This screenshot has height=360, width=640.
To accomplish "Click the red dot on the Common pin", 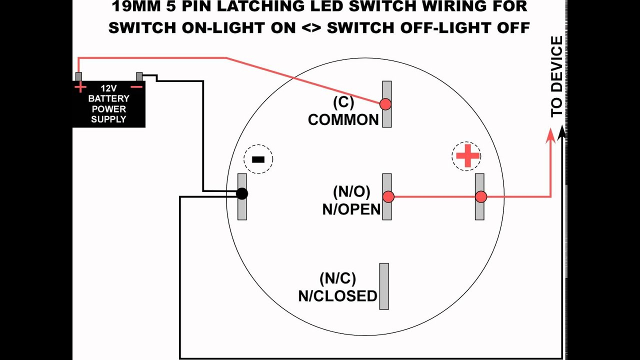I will point(385,104).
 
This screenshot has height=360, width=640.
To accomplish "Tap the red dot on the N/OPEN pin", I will point(388,197).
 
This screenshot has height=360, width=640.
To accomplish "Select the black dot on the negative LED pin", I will point(241,193).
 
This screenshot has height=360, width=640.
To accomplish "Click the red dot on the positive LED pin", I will point(481,197).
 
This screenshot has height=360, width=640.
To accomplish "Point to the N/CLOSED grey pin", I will point(384,286).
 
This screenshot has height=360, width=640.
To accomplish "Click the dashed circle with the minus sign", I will point(258,159).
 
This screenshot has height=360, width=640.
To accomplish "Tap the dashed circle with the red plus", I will point(466,156).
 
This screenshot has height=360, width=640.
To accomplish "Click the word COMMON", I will point(343,120).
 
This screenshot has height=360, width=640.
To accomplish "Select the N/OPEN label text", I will point(351,209).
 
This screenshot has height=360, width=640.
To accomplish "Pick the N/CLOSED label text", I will point(337,296).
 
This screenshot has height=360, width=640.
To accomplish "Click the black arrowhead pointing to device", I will point(562,131).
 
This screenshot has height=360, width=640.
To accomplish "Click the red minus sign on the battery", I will point(136,87).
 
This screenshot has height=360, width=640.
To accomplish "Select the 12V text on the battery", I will point(108,88).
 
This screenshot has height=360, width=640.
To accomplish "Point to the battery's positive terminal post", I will point(78,76).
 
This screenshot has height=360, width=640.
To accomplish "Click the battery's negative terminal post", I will point(139,76).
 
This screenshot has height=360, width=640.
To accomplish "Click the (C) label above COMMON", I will point(343,102).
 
